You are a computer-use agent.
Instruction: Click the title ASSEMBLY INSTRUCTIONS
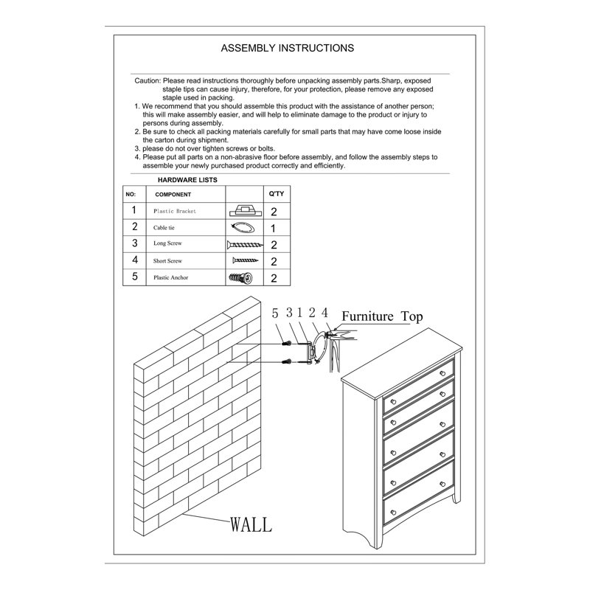coord(287,48)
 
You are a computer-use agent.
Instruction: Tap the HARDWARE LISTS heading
coord(187,180)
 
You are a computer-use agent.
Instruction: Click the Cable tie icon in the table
coord(243,228)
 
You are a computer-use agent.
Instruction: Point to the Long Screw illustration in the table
coord(245,245)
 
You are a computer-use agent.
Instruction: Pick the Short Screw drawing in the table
coord(246,260)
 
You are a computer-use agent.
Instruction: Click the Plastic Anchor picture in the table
coord(241,278)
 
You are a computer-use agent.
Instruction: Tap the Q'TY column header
coord(276,194)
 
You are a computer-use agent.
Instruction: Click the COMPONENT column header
coord(173,195)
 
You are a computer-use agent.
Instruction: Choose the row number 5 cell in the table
coord(135,277)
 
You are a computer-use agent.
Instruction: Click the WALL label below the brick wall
coord(251,524)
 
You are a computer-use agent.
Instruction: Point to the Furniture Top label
coord(382,316)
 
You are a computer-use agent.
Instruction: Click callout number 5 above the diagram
coord(275,313)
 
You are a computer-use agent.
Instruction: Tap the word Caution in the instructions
coord(147,80)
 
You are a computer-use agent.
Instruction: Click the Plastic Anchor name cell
coord(170,277)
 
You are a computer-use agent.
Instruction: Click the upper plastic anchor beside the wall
coord(287,344)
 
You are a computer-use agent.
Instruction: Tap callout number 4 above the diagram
coord(324,313)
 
